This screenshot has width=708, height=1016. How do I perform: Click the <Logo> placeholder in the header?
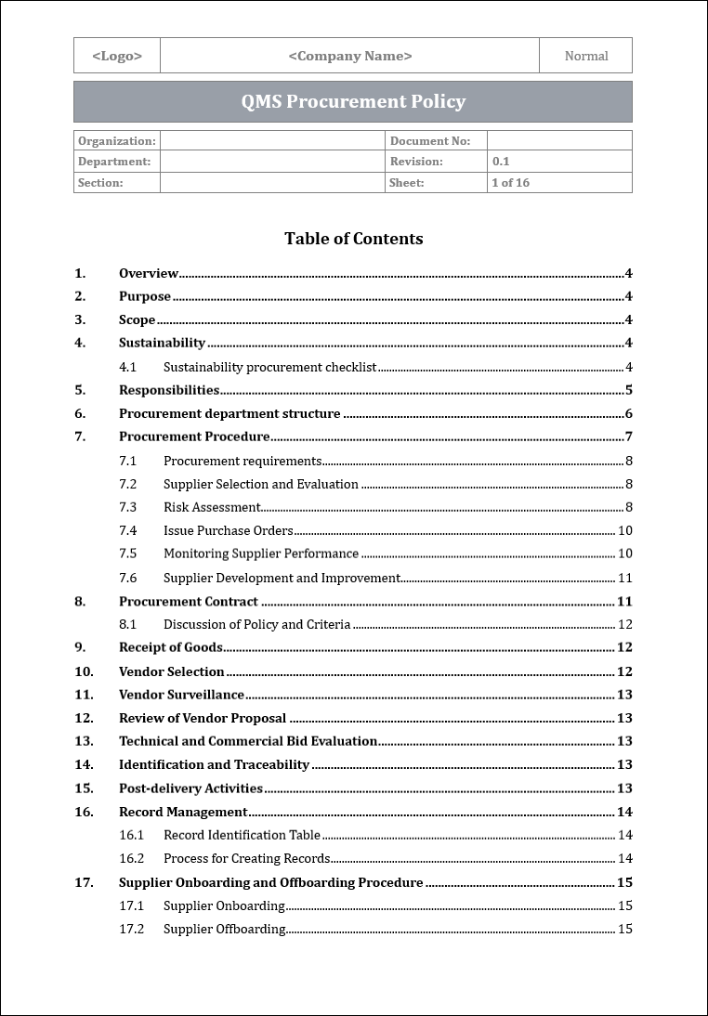[117, 56]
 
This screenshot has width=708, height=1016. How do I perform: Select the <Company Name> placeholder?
[350, 56]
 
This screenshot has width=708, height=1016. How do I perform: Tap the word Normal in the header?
[586, 56]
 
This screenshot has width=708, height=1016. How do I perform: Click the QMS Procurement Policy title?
[353, 102]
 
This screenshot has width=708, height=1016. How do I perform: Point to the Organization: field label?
[117, 141]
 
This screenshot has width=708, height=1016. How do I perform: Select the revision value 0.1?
[501, 162]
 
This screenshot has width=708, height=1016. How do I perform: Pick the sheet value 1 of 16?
[510, 183]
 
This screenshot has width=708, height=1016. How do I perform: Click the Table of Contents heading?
[353, 239]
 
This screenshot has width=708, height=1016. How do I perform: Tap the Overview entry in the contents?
[149, 273]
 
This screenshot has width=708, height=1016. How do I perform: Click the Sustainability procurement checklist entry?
[269, 367]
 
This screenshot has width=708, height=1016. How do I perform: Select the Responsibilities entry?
[169, 390]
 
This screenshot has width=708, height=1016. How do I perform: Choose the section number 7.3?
[128, 507]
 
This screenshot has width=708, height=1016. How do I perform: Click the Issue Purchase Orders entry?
[229, 530]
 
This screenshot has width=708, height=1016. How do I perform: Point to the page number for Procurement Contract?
[624, 601]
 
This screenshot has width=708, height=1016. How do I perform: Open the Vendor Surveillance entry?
[181, 695]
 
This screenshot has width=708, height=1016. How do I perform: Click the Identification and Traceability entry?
[214, 764]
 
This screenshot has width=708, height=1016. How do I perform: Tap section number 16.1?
[132, 835]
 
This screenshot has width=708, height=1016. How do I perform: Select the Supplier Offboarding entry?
[225, 929]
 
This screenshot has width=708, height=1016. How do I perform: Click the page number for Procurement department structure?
[628, 414]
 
